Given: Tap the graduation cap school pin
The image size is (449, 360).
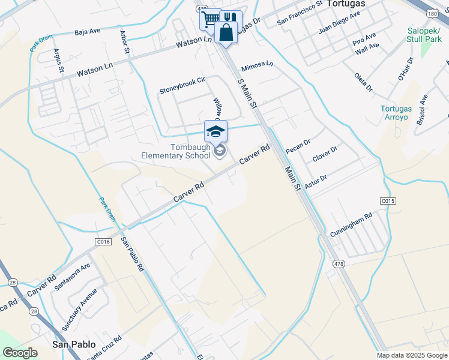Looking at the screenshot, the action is point(216,131).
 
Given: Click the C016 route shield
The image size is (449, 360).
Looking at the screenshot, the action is point(104,242).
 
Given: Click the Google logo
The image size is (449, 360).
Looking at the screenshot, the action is point(20,353).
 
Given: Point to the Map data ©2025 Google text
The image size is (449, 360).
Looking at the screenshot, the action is point(411,355).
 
